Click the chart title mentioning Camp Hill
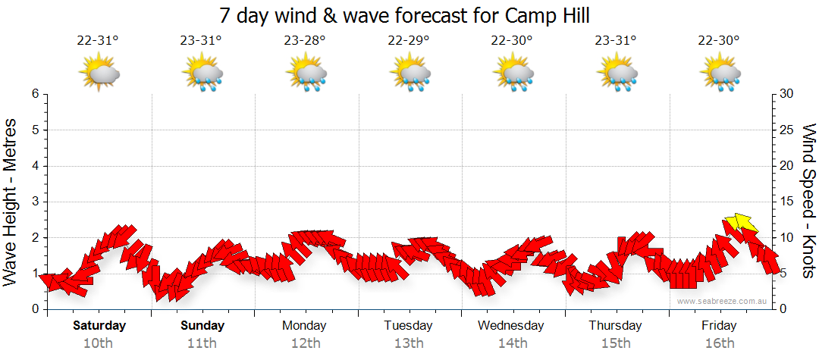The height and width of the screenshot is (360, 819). (404, 15)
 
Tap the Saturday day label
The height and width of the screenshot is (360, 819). (99, 326)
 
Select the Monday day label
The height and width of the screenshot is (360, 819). (304, 326)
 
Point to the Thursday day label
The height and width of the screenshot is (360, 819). (615, 326)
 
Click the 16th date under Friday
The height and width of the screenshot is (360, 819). (719, 343)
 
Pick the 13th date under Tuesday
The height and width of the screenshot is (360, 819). (408, 343)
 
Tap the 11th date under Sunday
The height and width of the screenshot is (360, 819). (202, 343)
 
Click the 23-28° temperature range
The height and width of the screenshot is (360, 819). (305, 41)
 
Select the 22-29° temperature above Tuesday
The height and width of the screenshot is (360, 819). (408, 41)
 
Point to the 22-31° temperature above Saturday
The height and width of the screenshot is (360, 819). (98, 41)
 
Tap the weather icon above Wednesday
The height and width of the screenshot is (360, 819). (513, 74)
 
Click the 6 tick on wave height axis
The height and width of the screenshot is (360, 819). (35, 94)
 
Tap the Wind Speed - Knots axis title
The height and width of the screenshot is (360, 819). (808, 201)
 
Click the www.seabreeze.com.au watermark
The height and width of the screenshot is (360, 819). (723, 302)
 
